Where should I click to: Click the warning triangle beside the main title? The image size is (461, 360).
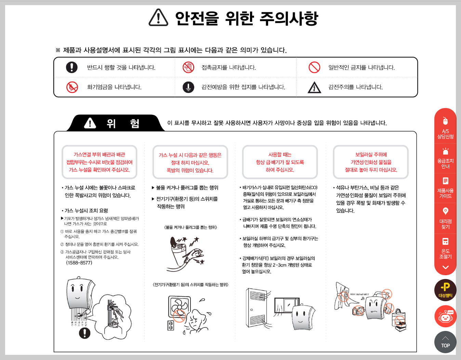[158, 18]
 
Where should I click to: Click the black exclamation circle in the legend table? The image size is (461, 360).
[72, 67]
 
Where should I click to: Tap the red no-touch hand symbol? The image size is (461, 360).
[188, 67]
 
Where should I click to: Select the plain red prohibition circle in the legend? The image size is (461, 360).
[314, 67]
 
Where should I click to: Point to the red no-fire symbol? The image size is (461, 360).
[72, 87]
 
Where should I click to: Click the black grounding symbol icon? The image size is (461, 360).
[188, 87]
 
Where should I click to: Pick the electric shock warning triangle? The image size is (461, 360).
[314, 88]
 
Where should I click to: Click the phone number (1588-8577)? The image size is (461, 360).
[79, 263]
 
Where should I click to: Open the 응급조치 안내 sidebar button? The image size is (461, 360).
[445, 158]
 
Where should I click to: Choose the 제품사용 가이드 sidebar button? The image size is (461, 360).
[445, 188]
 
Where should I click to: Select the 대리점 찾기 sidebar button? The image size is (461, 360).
[445, 218]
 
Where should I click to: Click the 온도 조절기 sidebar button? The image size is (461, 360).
[445, 248]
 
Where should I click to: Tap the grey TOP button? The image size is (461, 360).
[445, 342]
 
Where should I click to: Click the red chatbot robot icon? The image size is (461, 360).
[445, 317]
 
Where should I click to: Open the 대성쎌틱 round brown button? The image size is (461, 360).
[445, 290]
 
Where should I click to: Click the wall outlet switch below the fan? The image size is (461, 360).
[171, 326]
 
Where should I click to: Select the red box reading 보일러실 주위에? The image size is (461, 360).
[371, 162]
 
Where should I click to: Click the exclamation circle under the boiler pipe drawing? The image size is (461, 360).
[84, 333]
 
